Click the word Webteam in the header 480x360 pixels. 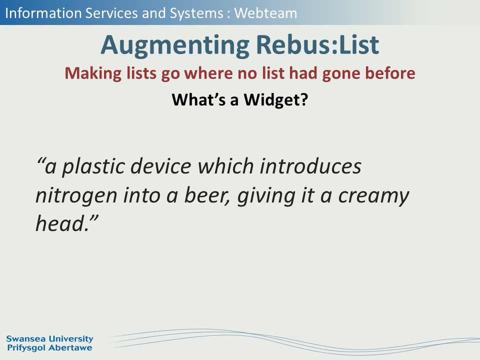coord(265,13)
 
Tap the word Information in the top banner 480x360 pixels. coord(43,13)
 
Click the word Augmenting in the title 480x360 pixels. coord(175,45)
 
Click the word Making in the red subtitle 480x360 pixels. coord(93,74)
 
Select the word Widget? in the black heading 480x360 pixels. coord(276,100)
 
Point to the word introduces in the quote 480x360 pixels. coord(310,166)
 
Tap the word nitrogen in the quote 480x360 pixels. coord(76,196)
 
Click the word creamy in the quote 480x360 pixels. coord(374,196)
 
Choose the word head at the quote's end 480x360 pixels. coord(60,223)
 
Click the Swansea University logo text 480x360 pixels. coord(49,339)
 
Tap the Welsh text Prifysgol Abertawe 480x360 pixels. coord(49,348)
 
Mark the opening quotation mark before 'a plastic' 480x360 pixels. coord(40,161)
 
